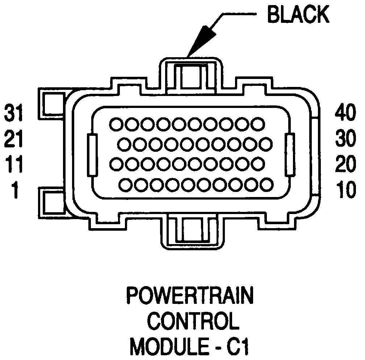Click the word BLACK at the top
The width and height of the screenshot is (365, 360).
pos(298,15)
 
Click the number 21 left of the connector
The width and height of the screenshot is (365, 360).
pos(13,140)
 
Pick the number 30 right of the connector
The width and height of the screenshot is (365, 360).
pos(345,140)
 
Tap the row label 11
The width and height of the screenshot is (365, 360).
pos(13,165)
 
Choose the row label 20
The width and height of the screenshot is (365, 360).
pos(345,165)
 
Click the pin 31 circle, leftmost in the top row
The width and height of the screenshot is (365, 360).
pos(116,124)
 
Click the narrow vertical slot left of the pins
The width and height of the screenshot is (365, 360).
pos(92,155)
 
